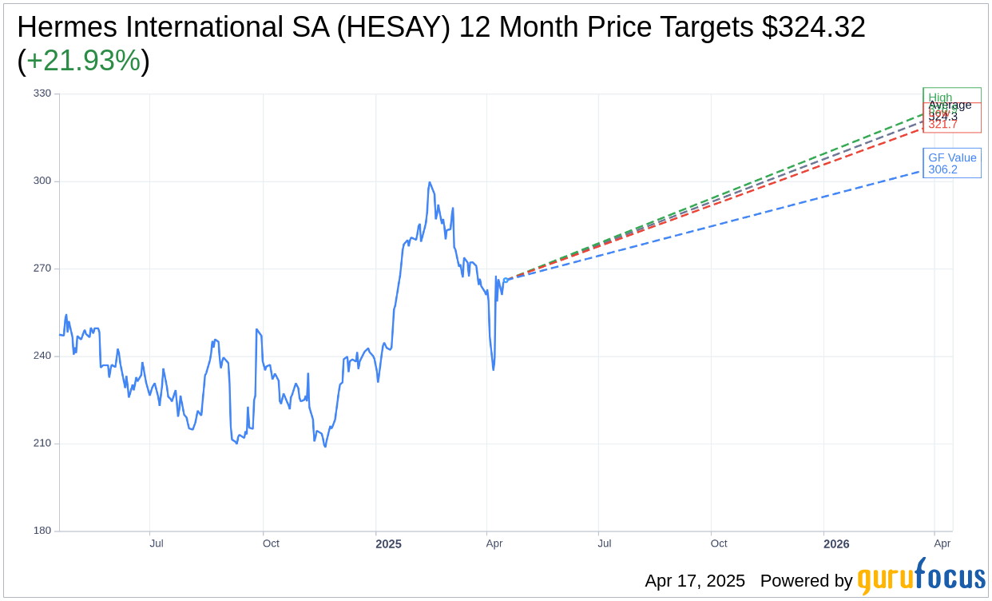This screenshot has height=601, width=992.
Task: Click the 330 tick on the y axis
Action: pyautogui.click(x=42, y=94)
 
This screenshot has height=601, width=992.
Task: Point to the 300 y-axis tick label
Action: pyautogui.click(x=42, y=181)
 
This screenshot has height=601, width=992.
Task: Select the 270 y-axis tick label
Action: pyautogui.click(x=42, y=269)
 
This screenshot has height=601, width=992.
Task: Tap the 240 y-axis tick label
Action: pyautogui.click(x=42, y=356)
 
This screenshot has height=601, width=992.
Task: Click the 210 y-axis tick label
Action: pyautogui.click(x=42, y=444)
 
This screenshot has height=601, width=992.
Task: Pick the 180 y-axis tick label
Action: pyautogui.click(x=42, y=531)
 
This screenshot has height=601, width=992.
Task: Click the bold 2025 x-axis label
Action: pyautogui.click(x=388, y=544)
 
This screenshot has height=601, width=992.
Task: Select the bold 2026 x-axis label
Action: pyautogui.click(x=836, y=544)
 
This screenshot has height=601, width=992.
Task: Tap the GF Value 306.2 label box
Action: pyautogui.click(x=951, y=164)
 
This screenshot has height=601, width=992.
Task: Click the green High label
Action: pyautogui.click(x=940, y=98)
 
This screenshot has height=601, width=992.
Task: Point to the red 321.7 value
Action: pyautogui.click(x=942, y=125)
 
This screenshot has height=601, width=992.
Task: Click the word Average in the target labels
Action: pyautogui.click(x=950, y=105)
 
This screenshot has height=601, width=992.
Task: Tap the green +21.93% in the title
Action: pyautogui.click(x=83, y=61)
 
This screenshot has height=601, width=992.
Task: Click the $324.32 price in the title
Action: pyautogui.click(x=813, y=27)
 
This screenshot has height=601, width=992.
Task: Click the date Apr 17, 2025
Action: pyautogui.click(x=695, y=581)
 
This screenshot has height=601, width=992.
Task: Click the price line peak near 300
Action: pyautogui.click(x=430, y=183)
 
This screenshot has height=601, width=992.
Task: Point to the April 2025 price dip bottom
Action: pyautogui.click(x=493, y=369)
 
